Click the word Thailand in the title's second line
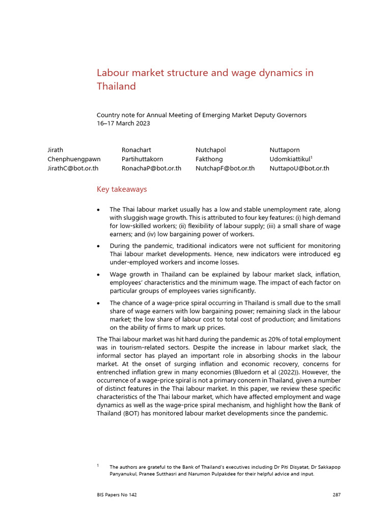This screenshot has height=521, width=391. (116, 86)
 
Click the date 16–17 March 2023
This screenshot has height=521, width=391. (123, 123)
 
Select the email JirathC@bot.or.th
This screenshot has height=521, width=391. (73, 168)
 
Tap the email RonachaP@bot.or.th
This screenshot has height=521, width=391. (151, 168)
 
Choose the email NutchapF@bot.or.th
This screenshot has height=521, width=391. (225, 168)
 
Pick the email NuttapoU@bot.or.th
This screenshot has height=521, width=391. (299, 168)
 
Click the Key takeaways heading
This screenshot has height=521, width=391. (122, 189)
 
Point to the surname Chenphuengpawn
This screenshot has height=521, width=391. (74, 159)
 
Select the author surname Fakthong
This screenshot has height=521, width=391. (209, 159)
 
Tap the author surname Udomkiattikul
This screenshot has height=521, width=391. (290, 159)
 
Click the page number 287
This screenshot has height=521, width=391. (336, 495)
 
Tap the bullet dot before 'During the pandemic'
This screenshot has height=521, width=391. (98, 246)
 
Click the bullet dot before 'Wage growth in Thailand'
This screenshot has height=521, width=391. (98, 274)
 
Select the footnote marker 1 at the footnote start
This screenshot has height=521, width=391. (98, 465)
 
